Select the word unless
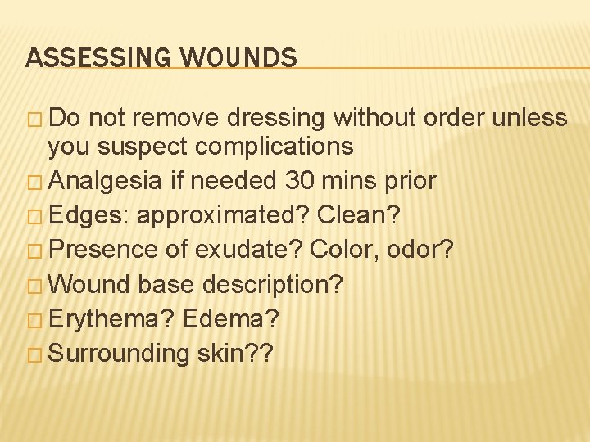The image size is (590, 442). (530, 118)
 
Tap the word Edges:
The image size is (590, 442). (88, 215)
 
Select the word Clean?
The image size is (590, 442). (360, 215)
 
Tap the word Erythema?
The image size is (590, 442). (112, 318)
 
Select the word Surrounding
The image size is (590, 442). (119, 354)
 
